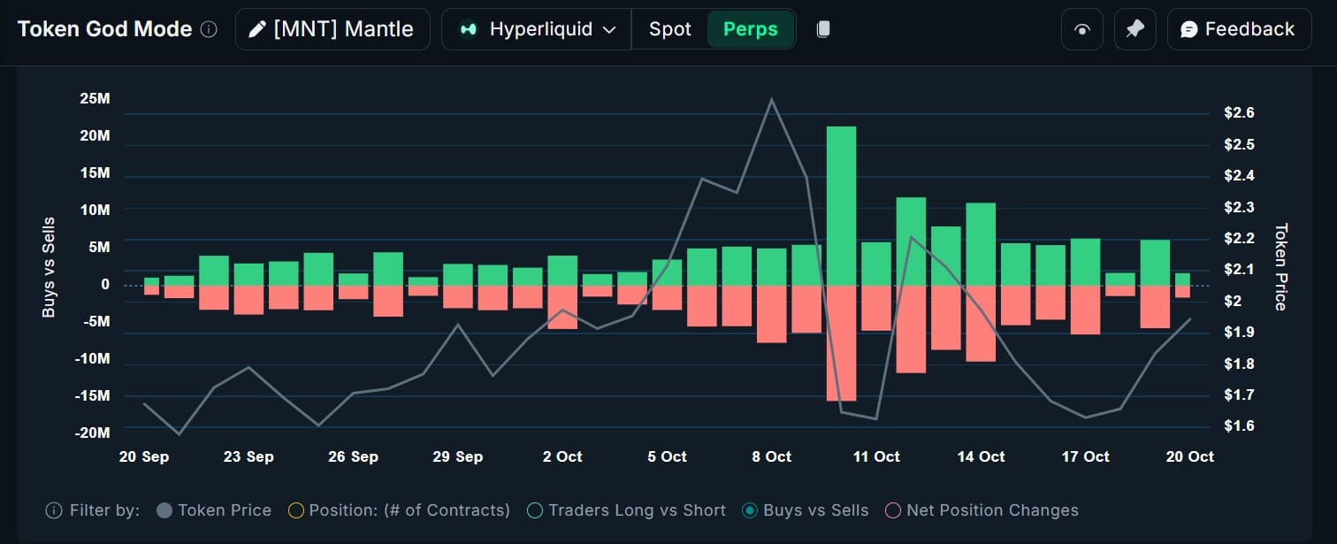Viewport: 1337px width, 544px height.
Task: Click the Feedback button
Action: click(x=1237, y=29)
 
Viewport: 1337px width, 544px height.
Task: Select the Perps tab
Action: click(x=750, y=29)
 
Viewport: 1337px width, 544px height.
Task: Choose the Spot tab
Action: click(x=669, y=29)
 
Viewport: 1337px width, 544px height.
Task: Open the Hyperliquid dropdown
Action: click(x=537, y=29)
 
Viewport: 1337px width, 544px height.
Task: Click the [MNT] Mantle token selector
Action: click(x=332, y=29)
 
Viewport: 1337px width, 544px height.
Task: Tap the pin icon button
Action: click(x=1135, y=29)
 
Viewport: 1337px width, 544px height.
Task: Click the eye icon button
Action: click(x=1081, y=29)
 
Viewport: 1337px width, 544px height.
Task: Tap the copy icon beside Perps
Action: click(x=823, y=29)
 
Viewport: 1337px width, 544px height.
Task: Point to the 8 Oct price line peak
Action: click(x=772, y=99)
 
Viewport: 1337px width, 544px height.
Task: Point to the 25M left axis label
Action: click(x=95, y=98)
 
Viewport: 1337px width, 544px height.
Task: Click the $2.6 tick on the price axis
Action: click(x=1239, y=113)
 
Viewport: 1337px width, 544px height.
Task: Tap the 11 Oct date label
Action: click(x=875, y=456)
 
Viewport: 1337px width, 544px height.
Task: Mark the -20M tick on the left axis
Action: click(x=92, y=433)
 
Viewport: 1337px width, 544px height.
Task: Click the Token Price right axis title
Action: click(x=1280, y=266)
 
